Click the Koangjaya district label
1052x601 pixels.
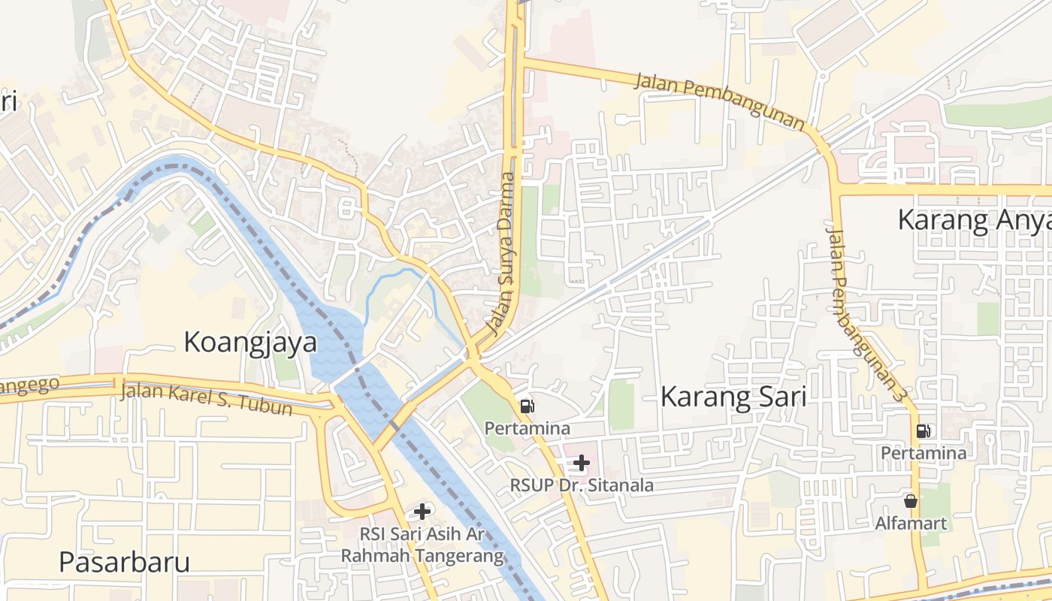pos(250,342)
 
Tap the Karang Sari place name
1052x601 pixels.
pos(733,397)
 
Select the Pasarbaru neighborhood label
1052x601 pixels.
pos(124,562)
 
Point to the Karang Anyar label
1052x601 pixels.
pos(974,220)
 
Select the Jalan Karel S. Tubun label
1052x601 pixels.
pos(206,398)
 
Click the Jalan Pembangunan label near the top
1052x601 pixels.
pos(719,101)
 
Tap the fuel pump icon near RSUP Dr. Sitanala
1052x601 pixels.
pos(528,406)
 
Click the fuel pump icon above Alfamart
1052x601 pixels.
pos(923,430)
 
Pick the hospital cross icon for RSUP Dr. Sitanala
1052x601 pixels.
pos(581,463)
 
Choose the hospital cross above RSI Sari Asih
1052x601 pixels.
pos(422,512)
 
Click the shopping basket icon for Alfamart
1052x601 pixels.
pos(911,500)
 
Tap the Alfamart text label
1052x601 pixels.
pos(911,523)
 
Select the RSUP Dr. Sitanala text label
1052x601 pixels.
pos(582,485)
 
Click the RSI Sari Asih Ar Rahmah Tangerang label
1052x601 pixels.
pos(422,545)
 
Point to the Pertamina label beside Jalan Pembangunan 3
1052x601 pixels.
pos(924,453)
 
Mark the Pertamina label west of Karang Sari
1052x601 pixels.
pos(528,428)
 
